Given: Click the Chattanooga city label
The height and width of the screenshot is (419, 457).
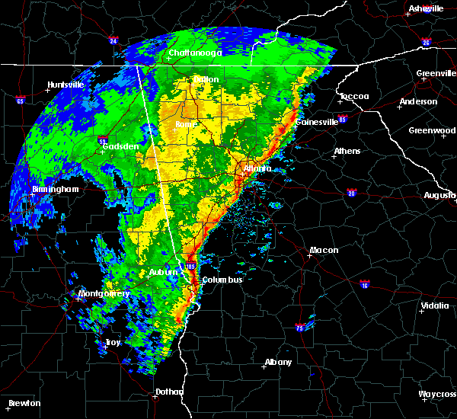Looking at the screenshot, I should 195,53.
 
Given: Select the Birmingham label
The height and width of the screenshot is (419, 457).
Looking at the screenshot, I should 55,189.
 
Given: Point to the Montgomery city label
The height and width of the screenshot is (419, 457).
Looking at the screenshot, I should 104,293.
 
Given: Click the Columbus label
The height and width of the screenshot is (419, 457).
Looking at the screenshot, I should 222,280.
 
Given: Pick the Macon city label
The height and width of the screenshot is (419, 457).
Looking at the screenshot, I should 324,251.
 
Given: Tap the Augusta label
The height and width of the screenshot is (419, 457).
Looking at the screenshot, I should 439,195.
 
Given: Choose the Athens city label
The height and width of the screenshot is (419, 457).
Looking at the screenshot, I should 347,151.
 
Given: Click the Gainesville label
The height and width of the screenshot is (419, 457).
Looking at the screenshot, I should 317,122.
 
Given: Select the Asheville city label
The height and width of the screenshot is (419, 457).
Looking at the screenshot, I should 426,8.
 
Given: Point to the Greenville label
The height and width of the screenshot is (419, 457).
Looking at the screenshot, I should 436,74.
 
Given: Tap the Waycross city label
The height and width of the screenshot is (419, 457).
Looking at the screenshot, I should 437,394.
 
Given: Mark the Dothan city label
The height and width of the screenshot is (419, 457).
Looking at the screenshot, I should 169,392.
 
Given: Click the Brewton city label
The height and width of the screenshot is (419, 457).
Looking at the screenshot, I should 24,403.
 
